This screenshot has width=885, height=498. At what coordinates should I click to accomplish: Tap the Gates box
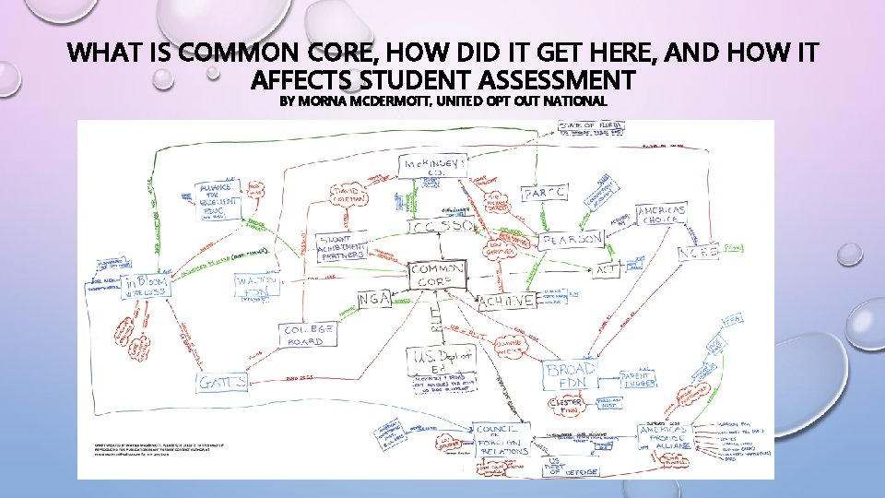point(222,382)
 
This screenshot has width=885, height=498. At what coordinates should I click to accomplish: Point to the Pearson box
point(572,240)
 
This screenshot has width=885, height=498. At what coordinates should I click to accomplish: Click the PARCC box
point(546,194)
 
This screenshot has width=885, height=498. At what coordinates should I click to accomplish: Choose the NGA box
point(374,297)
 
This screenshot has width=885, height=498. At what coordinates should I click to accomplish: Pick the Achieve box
point(506,302)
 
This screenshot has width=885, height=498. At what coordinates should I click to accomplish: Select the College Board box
point(310,335)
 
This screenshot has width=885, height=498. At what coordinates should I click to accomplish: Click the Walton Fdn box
point(255,285)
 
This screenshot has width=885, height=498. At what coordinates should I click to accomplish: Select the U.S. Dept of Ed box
point(439,362)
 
